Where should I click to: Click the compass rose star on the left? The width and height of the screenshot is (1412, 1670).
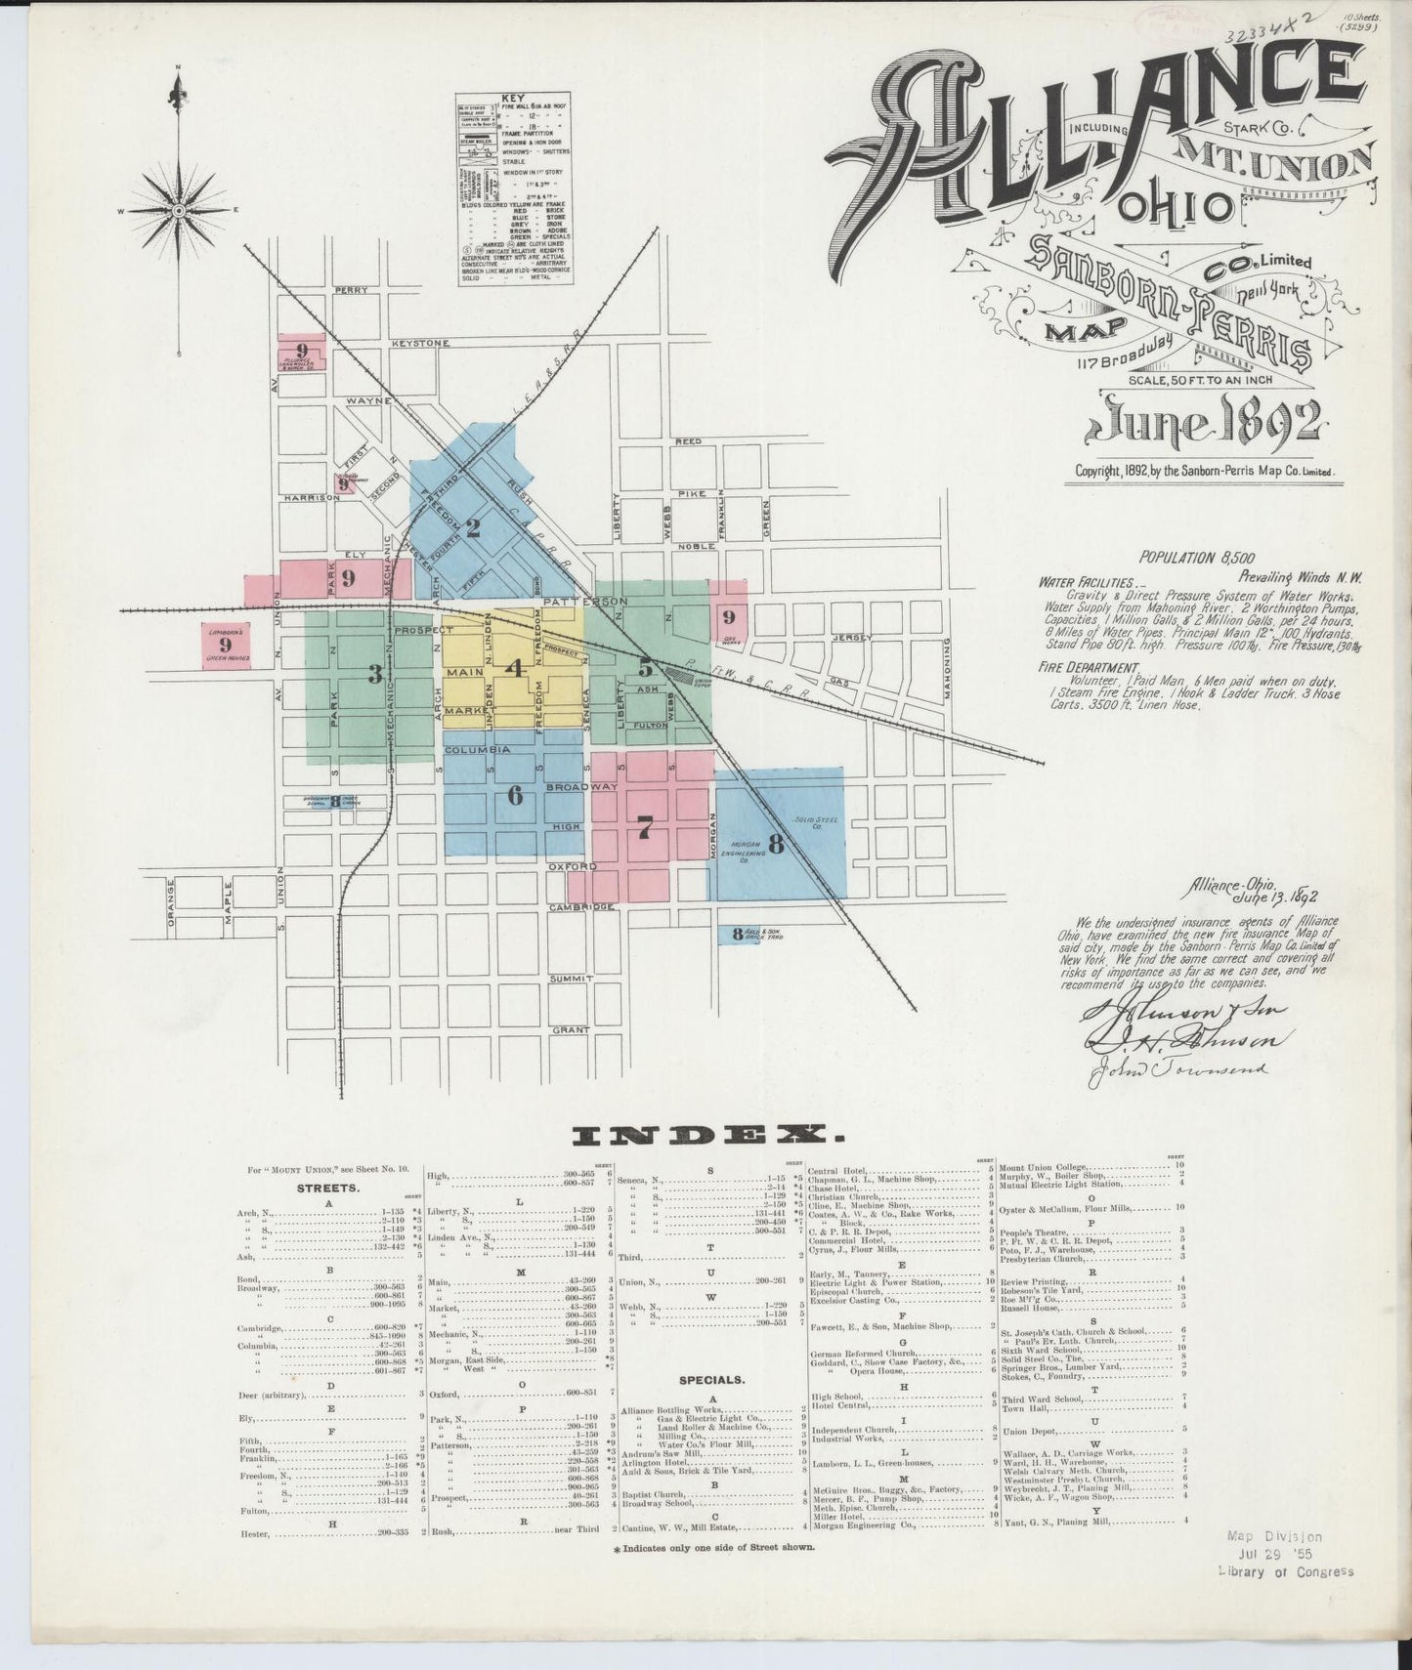(180, 210)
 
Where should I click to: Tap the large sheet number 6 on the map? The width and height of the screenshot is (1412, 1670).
(515, 795)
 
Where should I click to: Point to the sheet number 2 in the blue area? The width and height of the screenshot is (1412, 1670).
(473, 528)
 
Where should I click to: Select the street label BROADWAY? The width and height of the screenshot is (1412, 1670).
(581, 786)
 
